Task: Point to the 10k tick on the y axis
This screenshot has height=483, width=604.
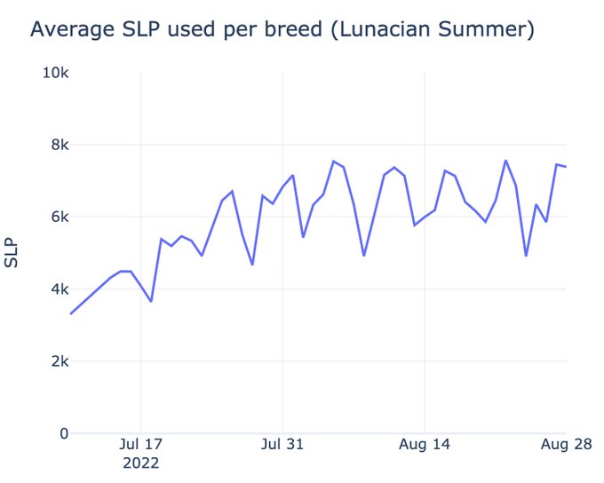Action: click(x=56, y=72)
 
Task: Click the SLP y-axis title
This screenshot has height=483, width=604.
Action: click(x=12, y=253)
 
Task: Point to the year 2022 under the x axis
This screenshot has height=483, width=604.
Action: click(x=140, y=463)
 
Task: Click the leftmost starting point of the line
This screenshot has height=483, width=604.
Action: click(x=71, y=313)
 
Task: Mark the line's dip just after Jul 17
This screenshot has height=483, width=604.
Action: click(x=151, y=301)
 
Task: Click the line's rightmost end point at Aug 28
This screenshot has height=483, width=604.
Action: click(x=566, y=167)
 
